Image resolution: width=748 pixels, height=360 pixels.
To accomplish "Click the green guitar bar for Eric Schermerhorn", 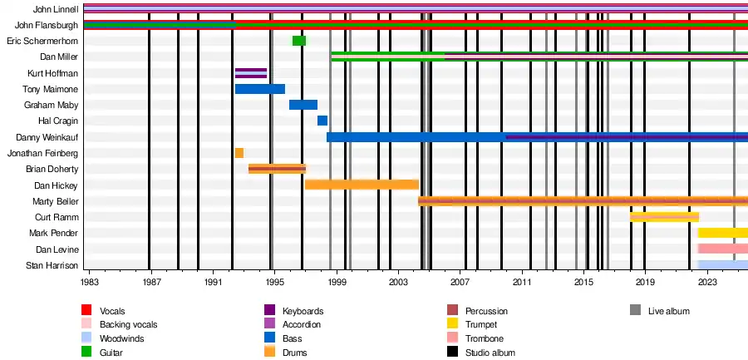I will click(x=299, y=41).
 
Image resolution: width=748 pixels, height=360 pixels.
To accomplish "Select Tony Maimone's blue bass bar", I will click(x=259, y=89).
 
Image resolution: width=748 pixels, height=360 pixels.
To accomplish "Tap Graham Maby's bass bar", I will click(x=303, y=105).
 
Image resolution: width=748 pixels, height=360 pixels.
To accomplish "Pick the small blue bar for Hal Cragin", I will click(x=322, y=121).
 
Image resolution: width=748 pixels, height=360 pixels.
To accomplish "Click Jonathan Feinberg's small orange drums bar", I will click(x=239, y=153).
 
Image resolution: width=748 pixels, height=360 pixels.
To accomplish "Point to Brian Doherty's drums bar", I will click(x=277, y=169).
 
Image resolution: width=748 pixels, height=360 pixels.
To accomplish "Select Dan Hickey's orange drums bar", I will click(x=362, y=185).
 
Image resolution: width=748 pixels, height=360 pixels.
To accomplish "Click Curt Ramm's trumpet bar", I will click(x=664, y=217).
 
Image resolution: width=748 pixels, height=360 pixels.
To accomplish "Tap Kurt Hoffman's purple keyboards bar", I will click(x=251, y=73).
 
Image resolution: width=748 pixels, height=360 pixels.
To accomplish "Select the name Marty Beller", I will click(x=55, y=201).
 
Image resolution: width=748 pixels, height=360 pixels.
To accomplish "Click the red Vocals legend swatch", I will click(x=86, y=310).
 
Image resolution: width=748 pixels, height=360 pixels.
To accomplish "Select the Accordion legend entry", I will click(x=303, y=324).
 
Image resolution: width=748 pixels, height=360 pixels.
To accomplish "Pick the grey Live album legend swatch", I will click(x=636, y=310).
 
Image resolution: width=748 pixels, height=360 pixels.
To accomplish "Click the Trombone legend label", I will click(x=484, y=338).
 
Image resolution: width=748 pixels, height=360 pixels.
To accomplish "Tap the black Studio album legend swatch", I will click(x=452, y=353).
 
